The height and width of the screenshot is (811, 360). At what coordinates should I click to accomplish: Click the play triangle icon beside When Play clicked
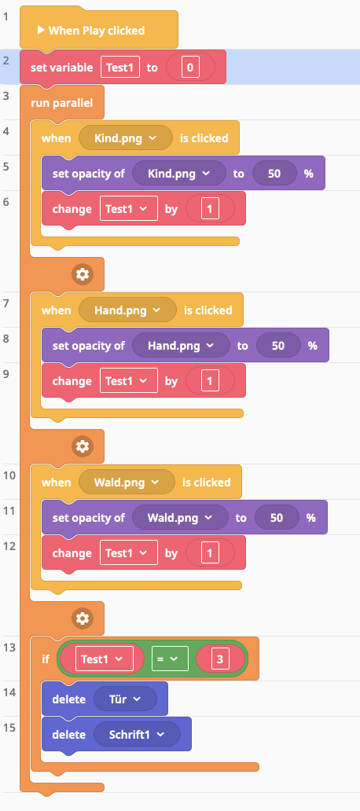click(41, 31)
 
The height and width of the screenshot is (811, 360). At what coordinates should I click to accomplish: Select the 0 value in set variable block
click(190, 68)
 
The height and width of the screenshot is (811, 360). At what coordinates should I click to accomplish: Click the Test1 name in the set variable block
click(120, 68)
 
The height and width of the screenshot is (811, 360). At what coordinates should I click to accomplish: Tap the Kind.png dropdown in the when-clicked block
click(126, 138)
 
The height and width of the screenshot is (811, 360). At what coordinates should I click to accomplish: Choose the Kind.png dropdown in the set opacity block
click(179, 173)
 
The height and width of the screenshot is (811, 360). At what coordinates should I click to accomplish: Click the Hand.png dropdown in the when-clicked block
click(127, 310)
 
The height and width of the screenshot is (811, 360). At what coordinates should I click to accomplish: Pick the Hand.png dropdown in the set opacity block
click(181, 346)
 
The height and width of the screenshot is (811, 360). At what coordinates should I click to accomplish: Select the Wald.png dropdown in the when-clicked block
click(127, 482)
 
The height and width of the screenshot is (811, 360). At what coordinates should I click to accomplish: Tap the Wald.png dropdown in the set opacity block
click(180, 518)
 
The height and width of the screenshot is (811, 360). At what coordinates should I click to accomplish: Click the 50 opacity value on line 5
click(274, 173)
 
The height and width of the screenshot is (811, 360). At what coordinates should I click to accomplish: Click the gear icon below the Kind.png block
click(83, 274)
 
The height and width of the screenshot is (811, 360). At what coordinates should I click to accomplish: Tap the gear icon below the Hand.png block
click(83, 446)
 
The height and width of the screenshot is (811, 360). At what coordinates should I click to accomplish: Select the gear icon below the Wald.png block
click(83, 618)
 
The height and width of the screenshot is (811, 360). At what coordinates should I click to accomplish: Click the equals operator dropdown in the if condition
click(170, 659)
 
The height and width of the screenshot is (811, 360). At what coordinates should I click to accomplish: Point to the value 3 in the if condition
click(220, 659)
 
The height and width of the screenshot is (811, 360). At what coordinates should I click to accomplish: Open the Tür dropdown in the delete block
click(125, 699)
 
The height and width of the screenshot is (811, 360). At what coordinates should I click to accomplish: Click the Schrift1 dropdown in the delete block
click(137, 735)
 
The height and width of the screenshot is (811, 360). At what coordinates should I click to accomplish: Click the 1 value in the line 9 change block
click(210, 381)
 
